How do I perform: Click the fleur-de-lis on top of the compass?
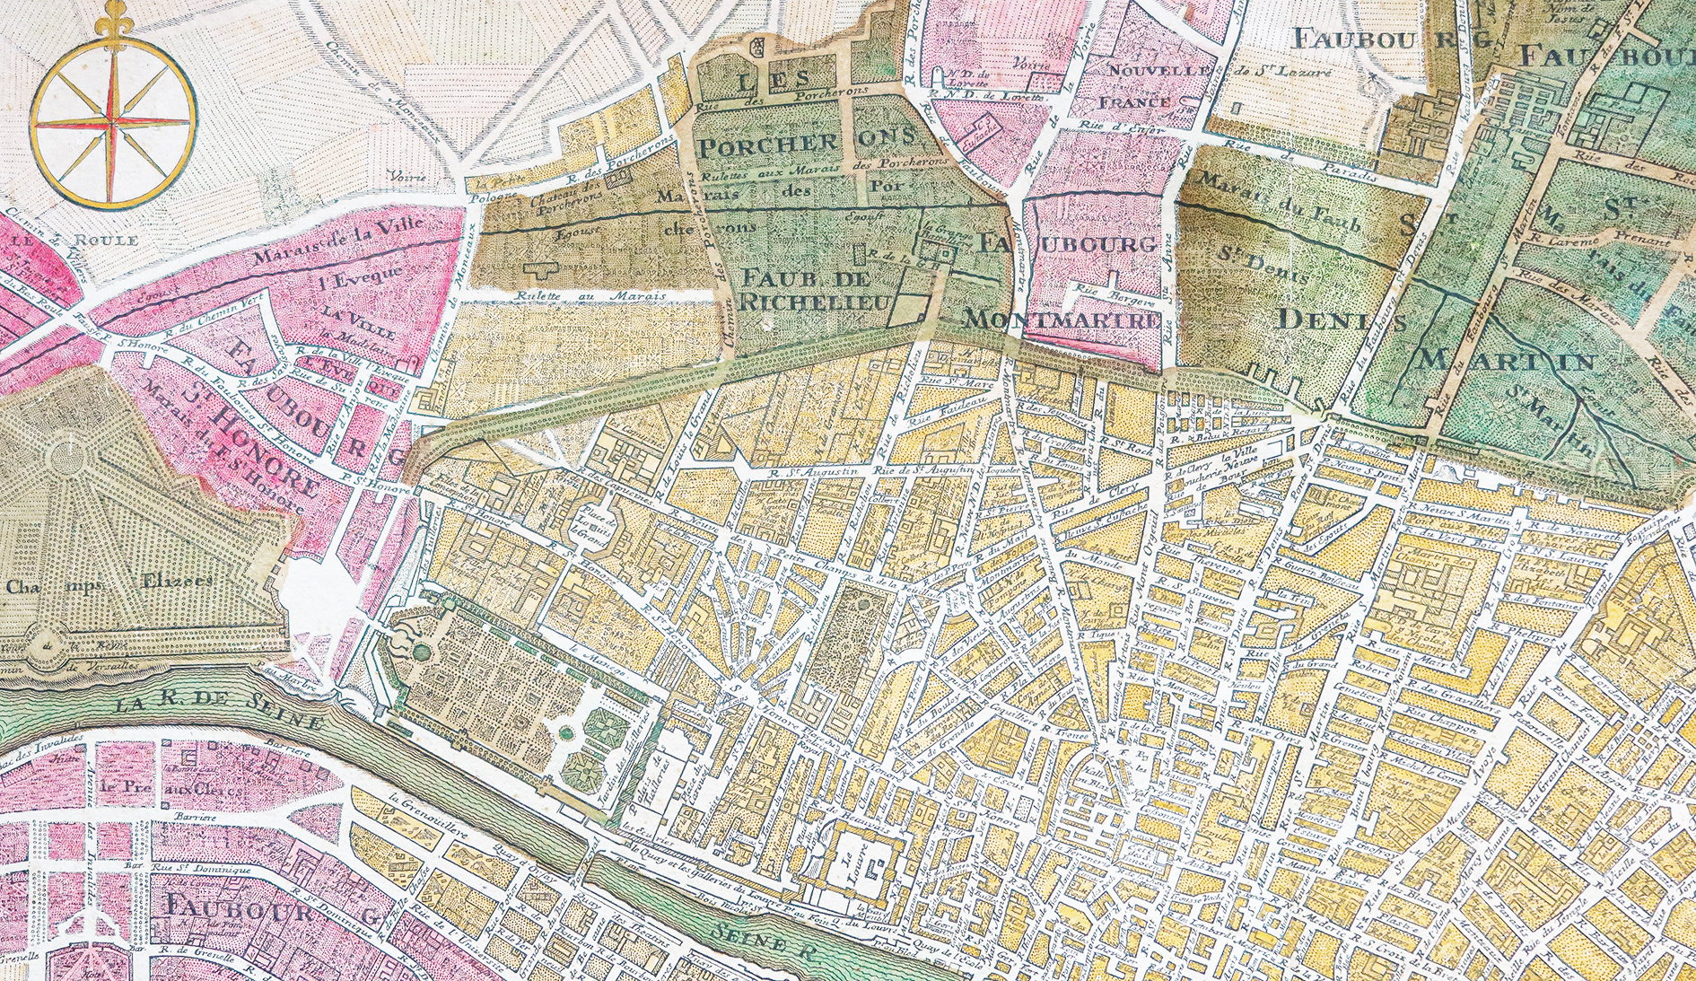coord(113,18)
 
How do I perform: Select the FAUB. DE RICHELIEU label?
coord(815,289)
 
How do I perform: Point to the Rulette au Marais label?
coord(589,295)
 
